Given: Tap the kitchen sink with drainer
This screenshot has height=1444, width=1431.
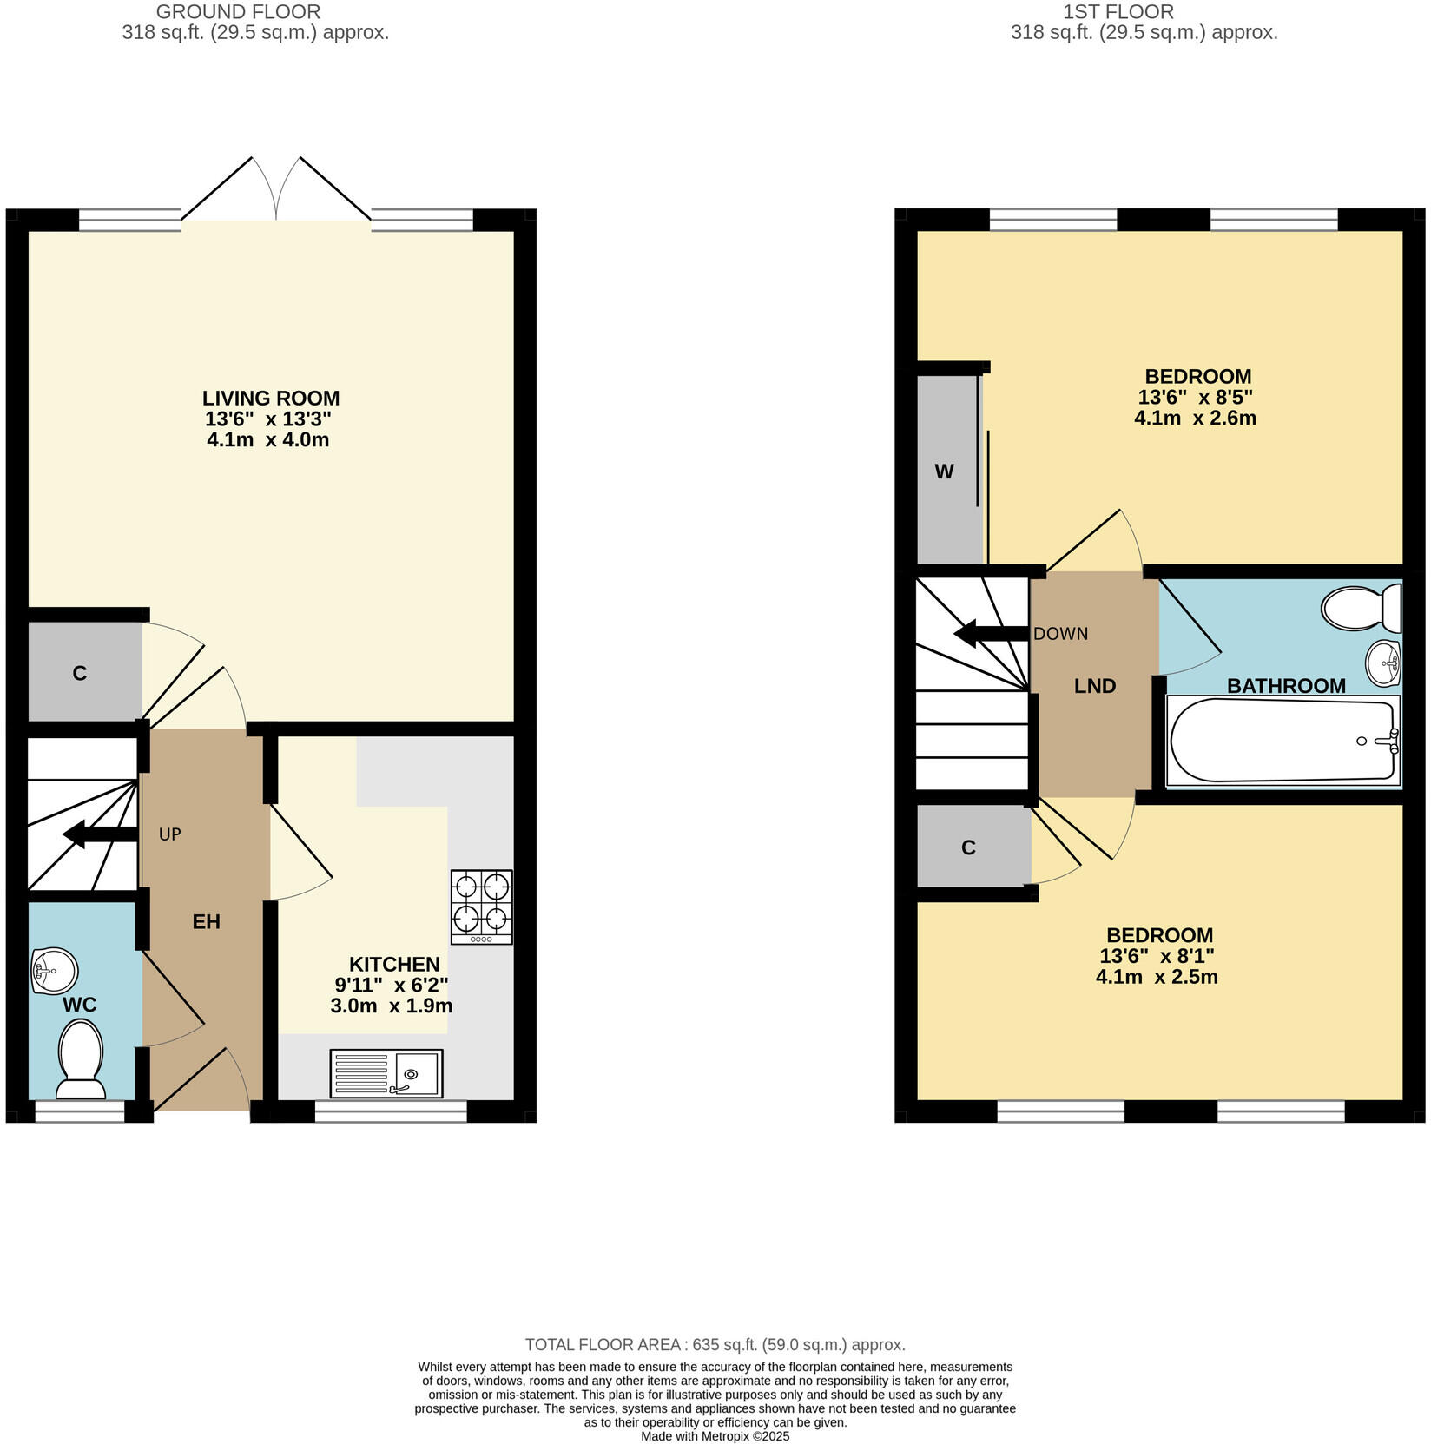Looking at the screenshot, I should click(386, 1072).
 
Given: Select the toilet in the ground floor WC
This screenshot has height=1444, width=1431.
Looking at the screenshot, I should click(81, 1059).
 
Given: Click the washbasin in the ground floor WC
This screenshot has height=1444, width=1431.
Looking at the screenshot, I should click(53, 970).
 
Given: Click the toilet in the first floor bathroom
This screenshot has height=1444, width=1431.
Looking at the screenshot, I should click(1361, 608).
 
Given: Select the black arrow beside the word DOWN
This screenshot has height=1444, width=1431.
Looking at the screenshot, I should click(990, 634).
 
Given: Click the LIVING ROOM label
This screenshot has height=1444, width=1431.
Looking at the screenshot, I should click(271, 399).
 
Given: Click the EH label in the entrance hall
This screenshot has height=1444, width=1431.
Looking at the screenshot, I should click(206, 922).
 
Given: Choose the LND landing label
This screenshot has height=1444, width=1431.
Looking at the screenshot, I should click(1094, 686).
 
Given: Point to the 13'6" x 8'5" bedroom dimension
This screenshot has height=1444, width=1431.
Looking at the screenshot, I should click(1195, 398).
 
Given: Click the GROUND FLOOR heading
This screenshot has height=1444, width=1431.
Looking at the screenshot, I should click(238, 12).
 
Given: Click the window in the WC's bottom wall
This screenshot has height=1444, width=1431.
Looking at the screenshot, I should click(79, 1112).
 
